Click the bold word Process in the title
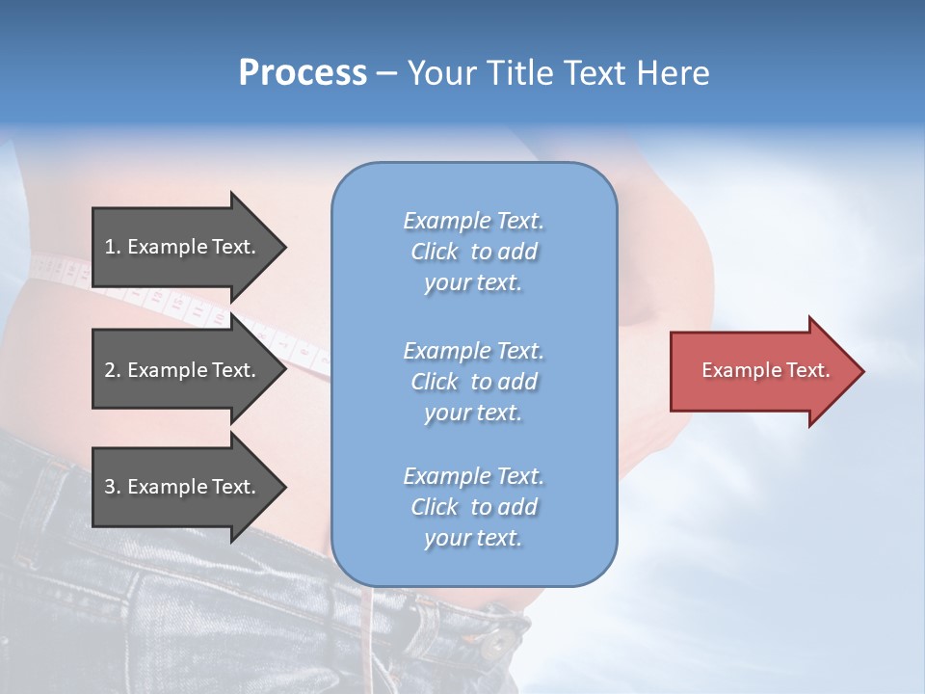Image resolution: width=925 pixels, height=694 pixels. click(303, 73)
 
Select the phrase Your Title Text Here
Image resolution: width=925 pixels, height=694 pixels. click(558, 73)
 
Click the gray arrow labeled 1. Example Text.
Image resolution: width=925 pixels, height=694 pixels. click(183, 247)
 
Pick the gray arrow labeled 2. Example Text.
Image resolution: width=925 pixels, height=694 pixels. click(183, 370)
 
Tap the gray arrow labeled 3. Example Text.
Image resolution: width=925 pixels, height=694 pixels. click(183, 487)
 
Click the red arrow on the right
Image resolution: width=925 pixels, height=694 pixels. click(761, 371)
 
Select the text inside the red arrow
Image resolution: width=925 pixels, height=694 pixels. click(766, 370)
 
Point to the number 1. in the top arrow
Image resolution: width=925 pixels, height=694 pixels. click(113, 247)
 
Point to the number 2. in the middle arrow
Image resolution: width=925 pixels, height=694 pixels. click(113, 370)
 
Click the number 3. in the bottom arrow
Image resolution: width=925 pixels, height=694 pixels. click(113, 487)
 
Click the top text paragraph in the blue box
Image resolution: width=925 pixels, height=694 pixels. click(473, 252)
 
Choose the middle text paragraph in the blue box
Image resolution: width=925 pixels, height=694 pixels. click(473, 382)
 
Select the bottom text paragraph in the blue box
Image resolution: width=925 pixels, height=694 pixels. click(473, 507)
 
